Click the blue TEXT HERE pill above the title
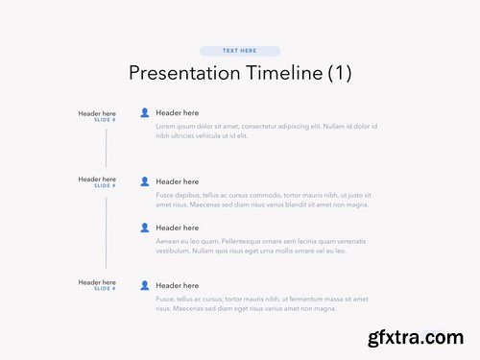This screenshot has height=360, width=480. [239, 51]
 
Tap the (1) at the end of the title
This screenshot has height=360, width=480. [339, 73]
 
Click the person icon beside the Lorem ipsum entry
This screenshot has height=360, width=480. [145, 112]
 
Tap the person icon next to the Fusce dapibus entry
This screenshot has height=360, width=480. [145, 181]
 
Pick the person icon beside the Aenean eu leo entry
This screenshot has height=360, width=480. [145, 228]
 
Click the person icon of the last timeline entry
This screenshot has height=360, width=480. [145, 285]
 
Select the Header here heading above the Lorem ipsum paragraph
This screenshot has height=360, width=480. [178, 112]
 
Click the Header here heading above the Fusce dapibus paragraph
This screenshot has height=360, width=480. [178, 181]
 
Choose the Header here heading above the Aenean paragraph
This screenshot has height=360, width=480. [178, 228]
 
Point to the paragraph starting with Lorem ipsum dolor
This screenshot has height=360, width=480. [266, 131]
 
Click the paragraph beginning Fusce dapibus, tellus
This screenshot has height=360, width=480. [262, 200]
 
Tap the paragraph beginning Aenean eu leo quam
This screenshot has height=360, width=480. [259, 246]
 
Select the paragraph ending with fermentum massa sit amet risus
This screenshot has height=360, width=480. [262, 303]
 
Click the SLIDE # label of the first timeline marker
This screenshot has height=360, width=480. [105, 120]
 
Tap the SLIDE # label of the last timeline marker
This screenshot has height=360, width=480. [105, 289]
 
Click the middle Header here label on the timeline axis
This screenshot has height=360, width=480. [97, 179]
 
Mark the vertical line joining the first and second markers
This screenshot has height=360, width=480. [106, 146]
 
